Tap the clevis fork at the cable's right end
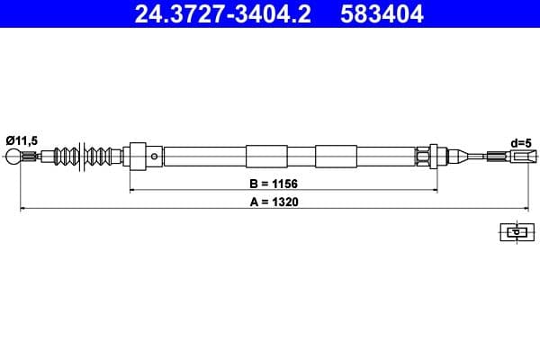click(517, 157)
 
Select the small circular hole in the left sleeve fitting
click(155, 157)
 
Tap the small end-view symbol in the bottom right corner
click(516, 231)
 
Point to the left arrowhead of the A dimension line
click(23, 210)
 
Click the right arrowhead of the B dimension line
click(435, 191)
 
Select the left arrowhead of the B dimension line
click(134, 191)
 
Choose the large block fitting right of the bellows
click(139, 157)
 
